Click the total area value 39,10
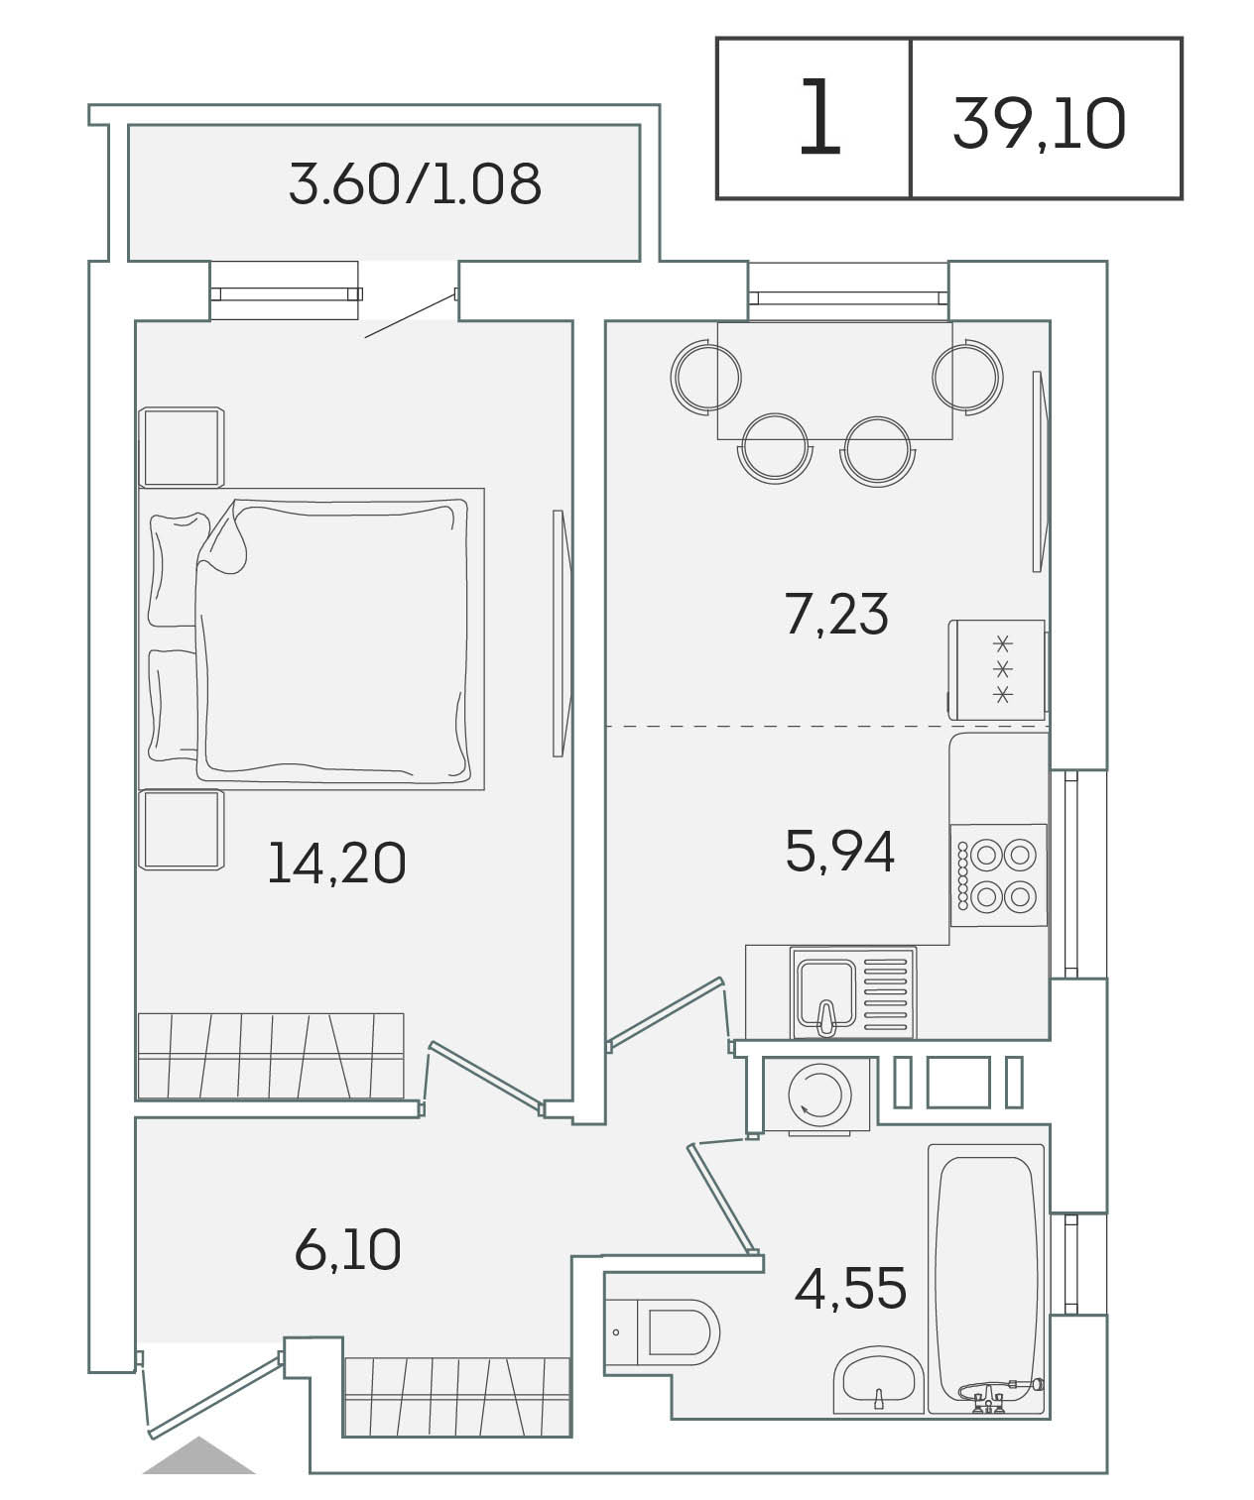(x=1039, y=124)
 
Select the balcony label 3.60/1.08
(x=415, y=184)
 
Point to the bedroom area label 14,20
(x=336, y=863)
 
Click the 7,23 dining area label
(x=836, y=614)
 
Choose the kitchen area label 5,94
(x=840, y=851)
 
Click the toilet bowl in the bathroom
(x=663, y=1331)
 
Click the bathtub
(x=986, y=1279)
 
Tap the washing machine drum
(x=819, y=1095)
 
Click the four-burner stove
(x=998, y=875)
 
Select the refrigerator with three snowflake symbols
(x=997, y=669)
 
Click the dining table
(x=834, y=380)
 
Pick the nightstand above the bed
(x=182, y=447)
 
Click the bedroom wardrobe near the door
(x=271, y=1055)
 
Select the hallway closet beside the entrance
(x=457, y=1396)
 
